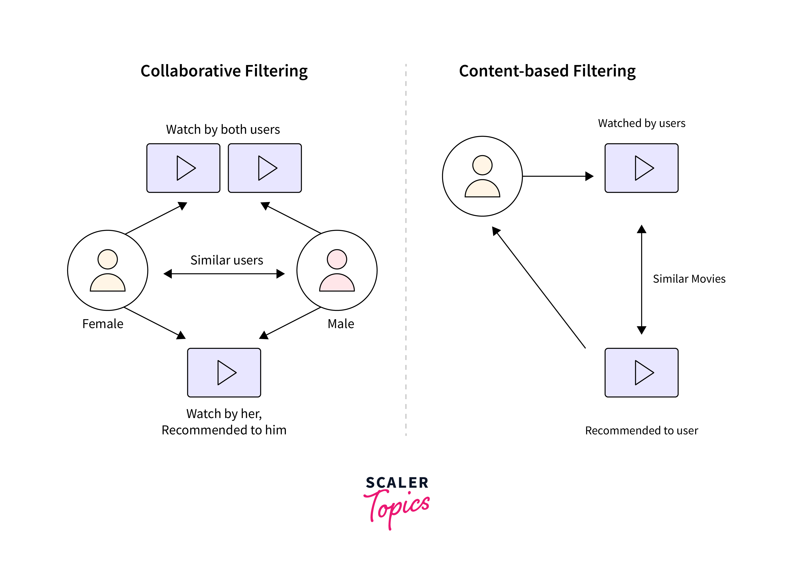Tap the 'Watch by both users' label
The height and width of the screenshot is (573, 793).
223,129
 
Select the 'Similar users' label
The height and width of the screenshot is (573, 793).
227,260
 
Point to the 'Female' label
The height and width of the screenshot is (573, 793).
103,324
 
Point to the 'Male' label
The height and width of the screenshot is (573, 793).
341,324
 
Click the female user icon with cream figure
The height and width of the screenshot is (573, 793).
108,270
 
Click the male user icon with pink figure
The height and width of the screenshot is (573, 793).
337,270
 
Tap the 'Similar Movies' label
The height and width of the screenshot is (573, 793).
689,279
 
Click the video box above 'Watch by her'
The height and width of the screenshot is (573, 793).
224,372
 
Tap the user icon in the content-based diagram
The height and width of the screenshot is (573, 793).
482,176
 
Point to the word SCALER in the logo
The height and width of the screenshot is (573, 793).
397,483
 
